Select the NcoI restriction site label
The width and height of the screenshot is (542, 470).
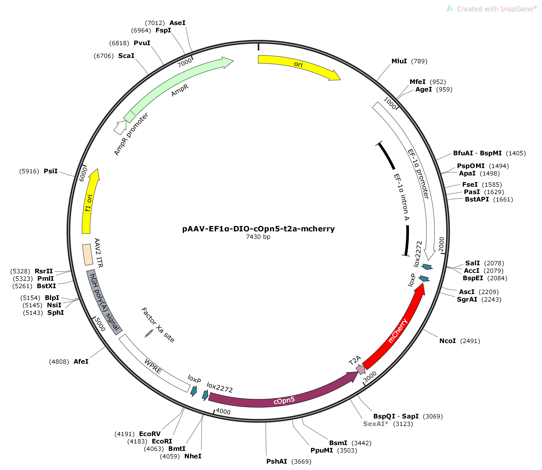[x=447, y=341]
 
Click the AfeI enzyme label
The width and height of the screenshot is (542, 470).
[x=81, y=362]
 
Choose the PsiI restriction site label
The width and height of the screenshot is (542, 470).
[x=51, y=171]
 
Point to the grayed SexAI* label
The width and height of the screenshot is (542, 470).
[x=375, y=424]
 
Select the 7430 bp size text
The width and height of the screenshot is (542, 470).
[x=258, y=237]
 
